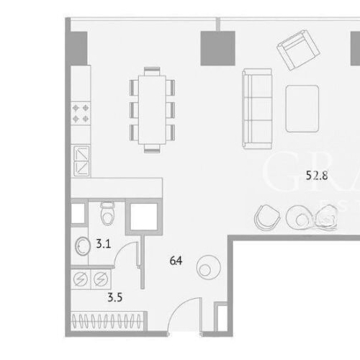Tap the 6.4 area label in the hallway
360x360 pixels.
point(175,261)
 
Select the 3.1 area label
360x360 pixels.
point(102,244)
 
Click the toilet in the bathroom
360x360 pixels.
point(107,214)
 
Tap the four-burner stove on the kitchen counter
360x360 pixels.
point(81,112)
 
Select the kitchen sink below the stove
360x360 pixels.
point(81,160)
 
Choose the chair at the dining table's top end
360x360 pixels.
point(151,71)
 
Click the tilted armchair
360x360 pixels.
point(299,51)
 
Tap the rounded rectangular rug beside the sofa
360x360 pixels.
point(302,108)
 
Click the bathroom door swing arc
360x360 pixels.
point(127,256)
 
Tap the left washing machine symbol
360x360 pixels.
point(81,277)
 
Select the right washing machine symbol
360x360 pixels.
point(100,277)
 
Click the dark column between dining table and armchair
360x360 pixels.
point(217,48)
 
